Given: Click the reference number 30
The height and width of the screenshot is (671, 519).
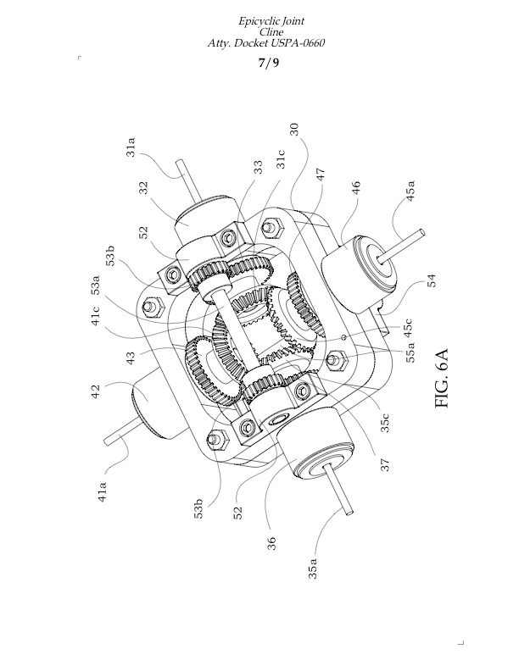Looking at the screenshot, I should coord(293,129).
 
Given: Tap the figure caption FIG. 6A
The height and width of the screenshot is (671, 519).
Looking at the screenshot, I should coord(446,379).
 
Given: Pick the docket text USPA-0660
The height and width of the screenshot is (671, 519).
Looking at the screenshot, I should coord(293,42).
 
